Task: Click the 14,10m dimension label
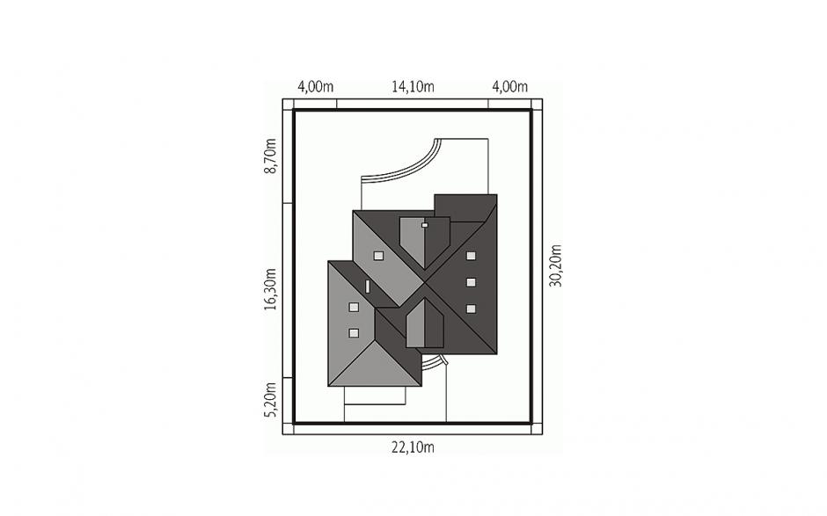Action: pyautogui.click(x=413, y=86)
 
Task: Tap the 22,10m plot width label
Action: pyautogui.click(x=413, y=447)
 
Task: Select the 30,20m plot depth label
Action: pyautogui.click(x=555, y=265)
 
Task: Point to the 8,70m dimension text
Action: pyautogui.click(x=270, y=156)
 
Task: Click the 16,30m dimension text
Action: pyautogui.click(x=270, y=289)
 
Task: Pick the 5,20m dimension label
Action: pyautogui.click(x=270, y=399)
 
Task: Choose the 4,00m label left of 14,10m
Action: pyautogui.click(x=315, y=86)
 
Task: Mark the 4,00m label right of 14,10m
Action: pyautogui.click(x=509, y=86)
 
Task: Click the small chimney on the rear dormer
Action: pyautogui.click(x=425, y=225)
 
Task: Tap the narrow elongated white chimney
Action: pyautogui.click(x=368, y=287)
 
